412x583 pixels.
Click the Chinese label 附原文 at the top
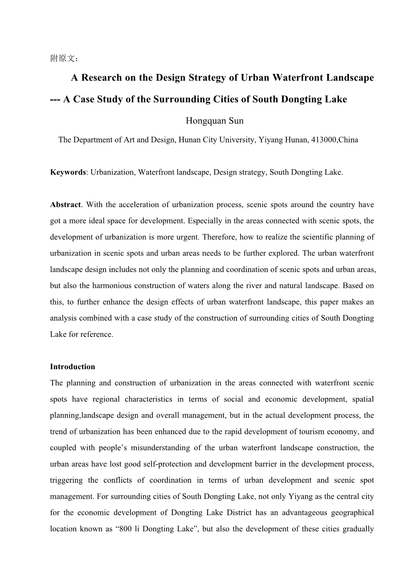[64, 58]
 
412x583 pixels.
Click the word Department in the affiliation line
[93, 140]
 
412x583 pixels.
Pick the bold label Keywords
[68, 172]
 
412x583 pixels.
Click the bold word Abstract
[65, 205]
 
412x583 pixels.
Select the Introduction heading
[73, 367]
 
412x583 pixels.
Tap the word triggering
[66, 481]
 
